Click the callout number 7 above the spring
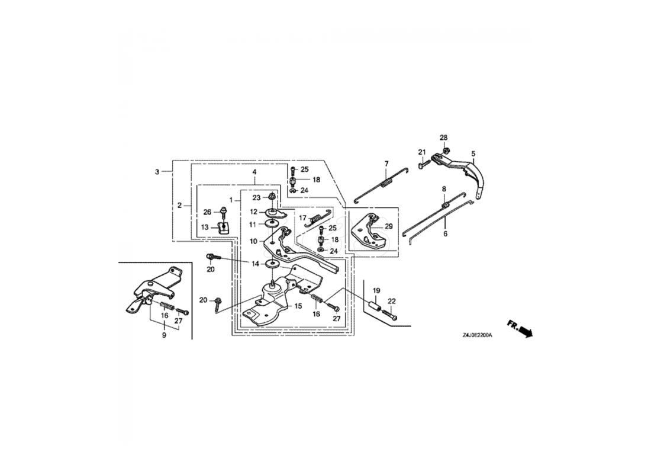tap(386, 164)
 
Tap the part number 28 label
tap(443, 137)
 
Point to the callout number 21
tap(423, 152)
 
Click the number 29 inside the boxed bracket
tap(388, 226)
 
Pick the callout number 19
tap(375, 290)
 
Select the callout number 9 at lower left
tap(164, 335)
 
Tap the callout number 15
tap(298, 306)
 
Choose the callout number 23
tap(257, 197)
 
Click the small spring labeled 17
tap(316, 219)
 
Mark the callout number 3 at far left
tap(157, 172)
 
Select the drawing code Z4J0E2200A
tap(478, 335)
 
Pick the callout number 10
tap(253, 241)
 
